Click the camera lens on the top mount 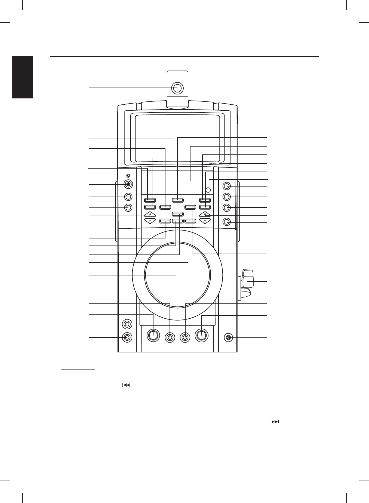(177, 88)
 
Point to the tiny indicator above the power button (128, 176)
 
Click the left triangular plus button (150, 214)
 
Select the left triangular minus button (150, 221)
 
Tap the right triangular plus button (205, 214)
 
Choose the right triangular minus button (205, 221)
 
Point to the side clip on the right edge (247, 283)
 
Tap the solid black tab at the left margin (23, 77)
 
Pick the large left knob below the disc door (153, 335)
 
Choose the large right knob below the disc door (202, 335)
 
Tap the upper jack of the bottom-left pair (127, 324)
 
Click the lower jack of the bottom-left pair (127, 337)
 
